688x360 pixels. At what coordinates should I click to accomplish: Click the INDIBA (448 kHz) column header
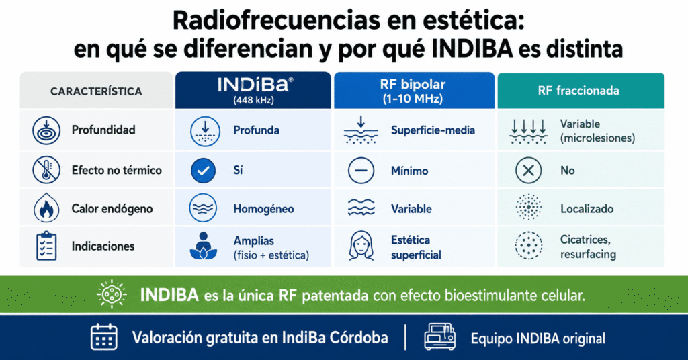pos(253,90)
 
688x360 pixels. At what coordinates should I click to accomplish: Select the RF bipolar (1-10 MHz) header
pos(414,90)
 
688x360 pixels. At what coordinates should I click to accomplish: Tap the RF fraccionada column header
pos(580,90)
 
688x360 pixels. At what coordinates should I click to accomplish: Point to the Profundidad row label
pos(103,130)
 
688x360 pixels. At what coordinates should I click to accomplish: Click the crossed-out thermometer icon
pos(46,170)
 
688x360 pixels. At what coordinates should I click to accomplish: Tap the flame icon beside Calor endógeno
pos(46,208)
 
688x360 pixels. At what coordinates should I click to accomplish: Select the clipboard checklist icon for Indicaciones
pos(46,246)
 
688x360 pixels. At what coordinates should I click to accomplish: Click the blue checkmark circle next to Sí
pos(203,170)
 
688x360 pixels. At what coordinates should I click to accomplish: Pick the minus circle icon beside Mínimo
pos(361,170)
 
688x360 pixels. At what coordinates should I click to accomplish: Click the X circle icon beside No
pos(528,170)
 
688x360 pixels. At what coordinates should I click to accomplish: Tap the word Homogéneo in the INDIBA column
pos(263,209)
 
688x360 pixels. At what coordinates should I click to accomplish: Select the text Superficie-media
pos(433,130)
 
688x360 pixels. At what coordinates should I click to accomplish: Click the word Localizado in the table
pos(587,209)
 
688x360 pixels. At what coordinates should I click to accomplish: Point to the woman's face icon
pos(361,246)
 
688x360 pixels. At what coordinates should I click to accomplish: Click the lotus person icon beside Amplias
pos(203,246)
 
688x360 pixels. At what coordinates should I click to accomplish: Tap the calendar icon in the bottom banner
pos(104,337)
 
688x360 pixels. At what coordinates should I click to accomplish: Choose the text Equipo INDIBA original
pos(538,339)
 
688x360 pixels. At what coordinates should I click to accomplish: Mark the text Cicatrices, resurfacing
pos(588,247)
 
